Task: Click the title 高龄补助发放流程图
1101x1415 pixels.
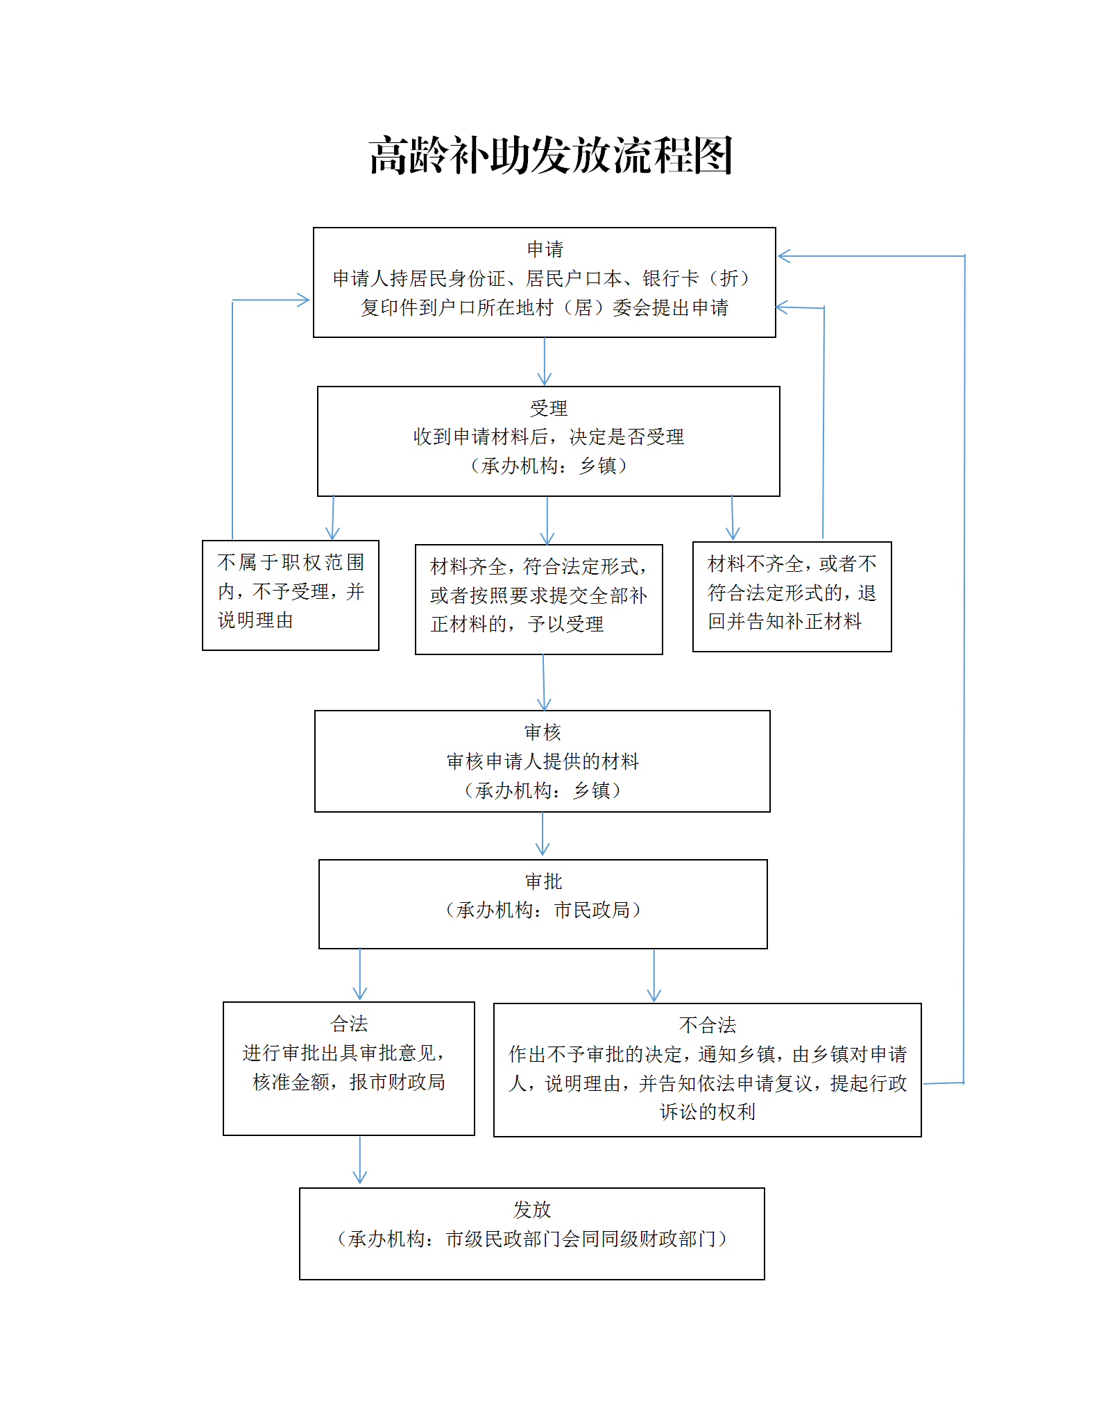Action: pos(551,155)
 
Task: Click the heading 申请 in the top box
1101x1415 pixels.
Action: pos(545,249)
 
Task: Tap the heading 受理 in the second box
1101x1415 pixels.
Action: pos(548,408)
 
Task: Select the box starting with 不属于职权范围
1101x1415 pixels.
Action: pos(290,595)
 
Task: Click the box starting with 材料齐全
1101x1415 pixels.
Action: pos(538,599)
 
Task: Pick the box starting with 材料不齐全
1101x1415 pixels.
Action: pos(792,596)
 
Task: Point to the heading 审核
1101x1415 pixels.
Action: pos(542,732)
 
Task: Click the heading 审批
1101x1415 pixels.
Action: pos(543,881)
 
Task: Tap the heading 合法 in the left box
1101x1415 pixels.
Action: pos(349,1024)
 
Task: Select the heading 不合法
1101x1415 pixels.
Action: pos(707,1025)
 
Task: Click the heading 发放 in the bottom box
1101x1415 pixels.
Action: pos(532,1210)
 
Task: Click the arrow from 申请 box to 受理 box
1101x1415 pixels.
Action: pos(545,362)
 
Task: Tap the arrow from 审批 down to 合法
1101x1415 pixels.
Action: pos(360,974)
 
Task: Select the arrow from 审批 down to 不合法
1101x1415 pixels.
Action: pos(654,976)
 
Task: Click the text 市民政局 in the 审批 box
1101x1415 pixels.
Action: pos(592,910)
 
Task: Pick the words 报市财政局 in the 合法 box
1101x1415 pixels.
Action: pos(397,1082)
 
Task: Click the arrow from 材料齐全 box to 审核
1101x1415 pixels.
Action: pos(544,682)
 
